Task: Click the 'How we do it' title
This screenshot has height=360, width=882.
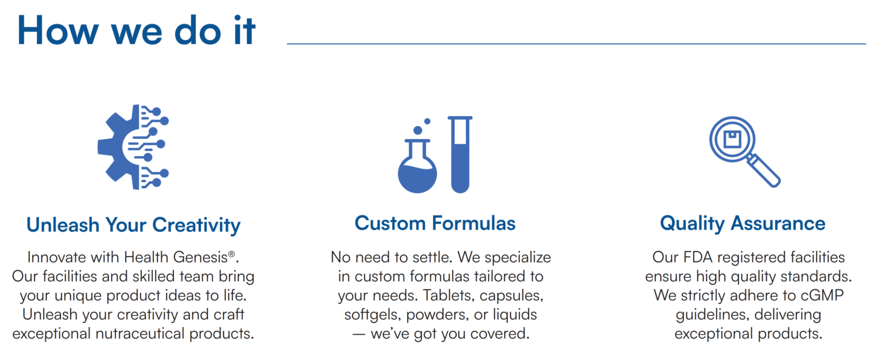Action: click(136, 30)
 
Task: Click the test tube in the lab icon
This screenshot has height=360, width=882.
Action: click(460, 154)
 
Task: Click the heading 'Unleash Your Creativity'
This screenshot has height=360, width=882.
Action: click(133, 224)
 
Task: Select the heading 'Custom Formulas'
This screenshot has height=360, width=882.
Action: click(435, 223)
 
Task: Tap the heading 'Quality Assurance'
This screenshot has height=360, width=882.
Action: click(742, 223)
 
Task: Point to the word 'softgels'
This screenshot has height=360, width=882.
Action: click(369, 314)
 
